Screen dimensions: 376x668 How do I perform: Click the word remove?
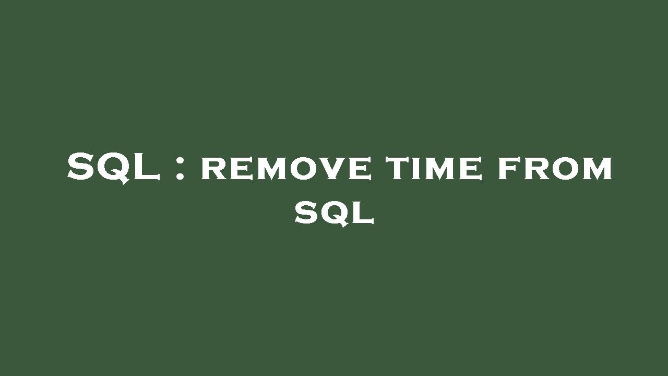click(286, 169)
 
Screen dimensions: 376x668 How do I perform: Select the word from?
click(555, 169)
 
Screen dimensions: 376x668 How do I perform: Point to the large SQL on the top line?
click(113, 167)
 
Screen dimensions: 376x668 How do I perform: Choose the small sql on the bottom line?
click(335, 213)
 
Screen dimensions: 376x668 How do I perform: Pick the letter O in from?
click(565, 169)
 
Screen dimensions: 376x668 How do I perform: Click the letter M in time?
click(443, 169)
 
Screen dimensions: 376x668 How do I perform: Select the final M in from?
click(597, 169)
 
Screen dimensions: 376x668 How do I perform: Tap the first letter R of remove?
click(211, 169)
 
